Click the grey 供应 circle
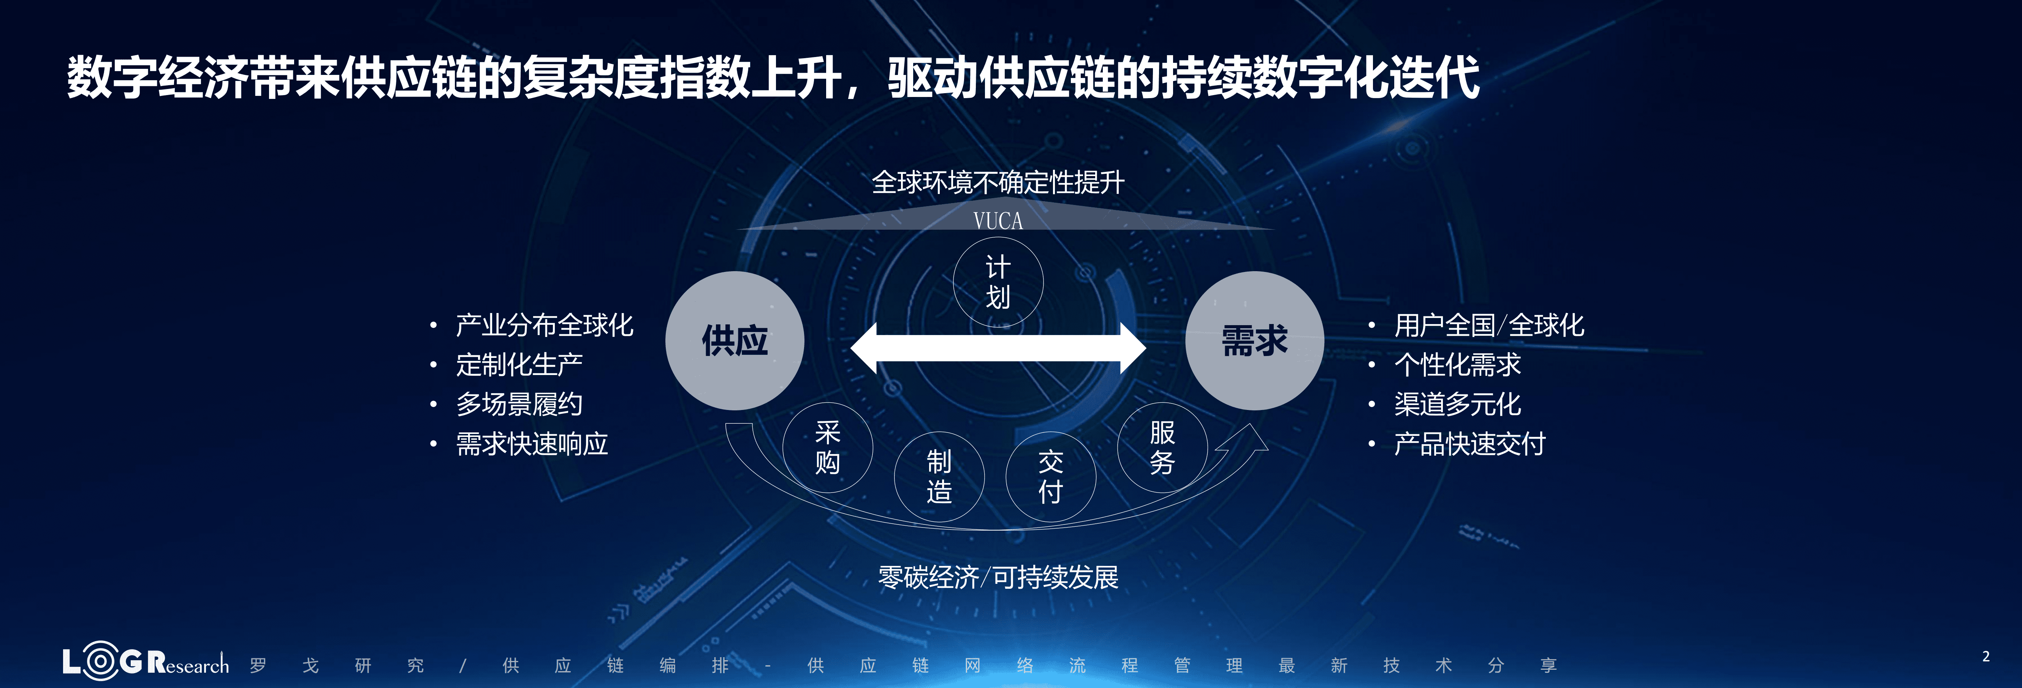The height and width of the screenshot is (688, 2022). coord(735,341)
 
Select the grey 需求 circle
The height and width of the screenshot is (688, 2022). coord(1254,341)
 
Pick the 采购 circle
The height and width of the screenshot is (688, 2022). coord(827,448)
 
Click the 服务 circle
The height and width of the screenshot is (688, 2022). coord(1162,448)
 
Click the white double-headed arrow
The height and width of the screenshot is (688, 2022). coord(998,348)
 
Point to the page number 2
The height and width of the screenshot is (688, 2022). coord(1986,656)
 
